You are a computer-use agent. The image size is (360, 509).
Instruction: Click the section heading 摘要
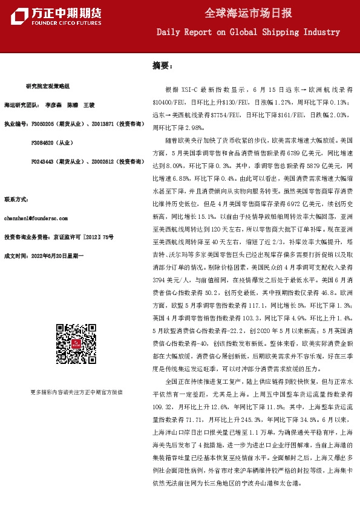[162, 65]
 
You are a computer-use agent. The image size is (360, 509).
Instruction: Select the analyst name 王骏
[89, 105]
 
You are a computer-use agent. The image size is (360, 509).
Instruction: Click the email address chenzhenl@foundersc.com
[37, 216]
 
